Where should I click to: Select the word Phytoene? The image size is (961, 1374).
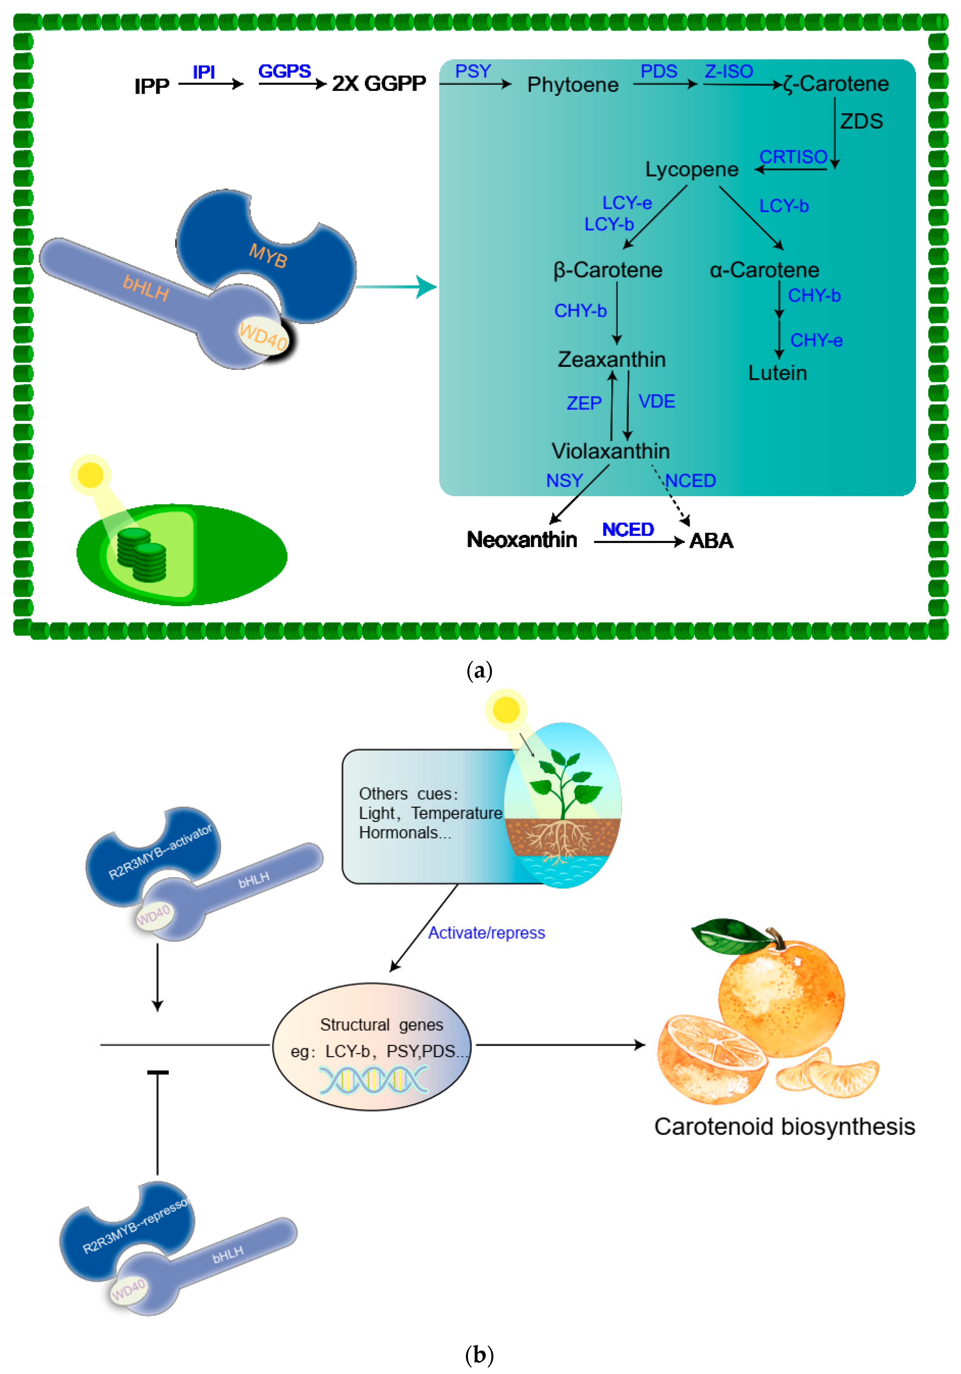572,85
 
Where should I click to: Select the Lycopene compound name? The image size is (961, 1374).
692,169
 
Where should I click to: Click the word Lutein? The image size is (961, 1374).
777,373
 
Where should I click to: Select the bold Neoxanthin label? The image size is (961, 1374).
522,540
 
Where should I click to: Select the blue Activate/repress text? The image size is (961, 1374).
486,933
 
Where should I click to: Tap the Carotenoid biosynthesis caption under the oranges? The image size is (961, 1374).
785,1127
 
